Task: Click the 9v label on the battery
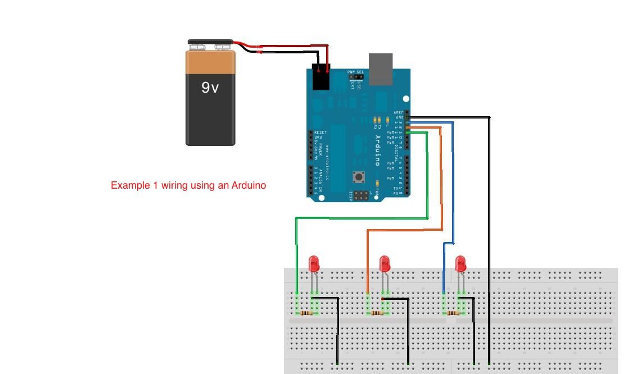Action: [x=210, y=88]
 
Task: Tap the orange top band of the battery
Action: [x=210, y=62]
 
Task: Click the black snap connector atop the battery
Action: [x=210, y=43]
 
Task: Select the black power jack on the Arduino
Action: [x=320, y=77]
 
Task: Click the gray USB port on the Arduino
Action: [x=381, y=69]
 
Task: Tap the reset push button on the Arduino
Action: [x=358, y=177]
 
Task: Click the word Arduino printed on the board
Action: [x=377, y=150]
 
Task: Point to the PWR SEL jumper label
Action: [x=355, y=72]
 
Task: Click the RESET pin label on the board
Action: [x=320, y=133]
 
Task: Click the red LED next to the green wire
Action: [x=314, y=263]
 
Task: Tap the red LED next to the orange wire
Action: [x=385, y=263]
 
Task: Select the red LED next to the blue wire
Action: [x=461, y=263]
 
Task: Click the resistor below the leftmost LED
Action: [x=306, y=313]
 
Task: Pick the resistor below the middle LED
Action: [x=377, y=313]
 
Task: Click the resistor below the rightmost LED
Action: [x=453, y=313]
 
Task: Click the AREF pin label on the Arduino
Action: [x=398, y=112]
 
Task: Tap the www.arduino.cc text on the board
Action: [x=327, y=157]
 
